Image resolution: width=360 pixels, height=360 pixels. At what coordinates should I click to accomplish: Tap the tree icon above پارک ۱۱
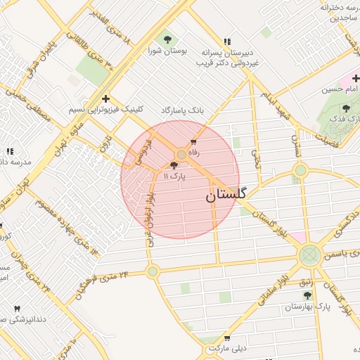(x=174, y=166)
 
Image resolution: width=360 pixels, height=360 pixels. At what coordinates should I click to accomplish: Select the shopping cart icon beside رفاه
(x=193, y=142)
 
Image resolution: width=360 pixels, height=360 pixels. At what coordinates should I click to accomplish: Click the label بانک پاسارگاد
(x=181, y=111)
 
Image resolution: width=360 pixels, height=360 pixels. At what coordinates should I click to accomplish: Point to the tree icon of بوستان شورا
(x=167, y=39)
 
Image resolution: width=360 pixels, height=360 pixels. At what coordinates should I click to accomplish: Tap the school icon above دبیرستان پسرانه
(x=226, y=41)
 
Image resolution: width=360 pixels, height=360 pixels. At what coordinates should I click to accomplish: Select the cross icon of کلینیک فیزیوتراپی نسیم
(x=105, y=98)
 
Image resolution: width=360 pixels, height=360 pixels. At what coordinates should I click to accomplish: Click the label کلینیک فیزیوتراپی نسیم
(x=105, y=110)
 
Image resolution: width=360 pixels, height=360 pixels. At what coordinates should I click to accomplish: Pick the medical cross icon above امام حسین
(x=356, y=78)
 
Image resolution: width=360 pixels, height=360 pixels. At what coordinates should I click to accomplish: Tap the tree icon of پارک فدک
(x=345, y=108)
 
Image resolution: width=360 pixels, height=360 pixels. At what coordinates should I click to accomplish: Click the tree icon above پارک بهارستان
(x=307, y=296)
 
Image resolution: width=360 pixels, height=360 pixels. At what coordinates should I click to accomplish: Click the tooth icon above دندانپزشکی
(x=18, y=309)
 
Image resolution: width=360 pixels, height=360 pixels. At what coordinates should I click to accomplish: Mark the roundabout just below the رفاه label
(x=181, y=154)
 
